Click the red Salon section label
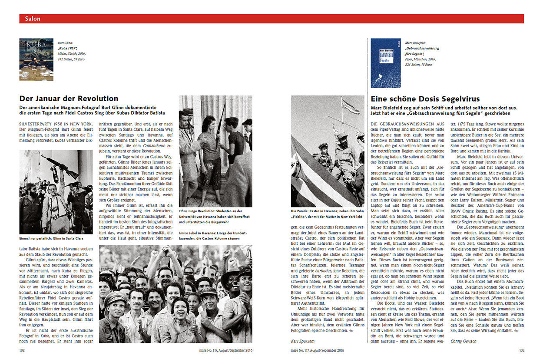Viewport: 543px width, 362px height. tap(33, 19)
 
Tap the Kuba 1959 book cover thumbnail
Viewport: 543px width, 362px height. tap(36, 59)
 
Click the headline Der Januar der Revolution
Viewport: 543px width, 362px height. tap(69, 99)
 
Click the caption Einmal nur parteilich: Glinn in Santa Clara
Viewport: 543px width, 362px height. tap(51, 238)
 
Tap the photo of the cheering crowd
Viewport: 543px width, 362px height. tap(175, 294)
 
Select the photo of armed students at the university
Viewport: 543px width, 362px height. tap(215, 151)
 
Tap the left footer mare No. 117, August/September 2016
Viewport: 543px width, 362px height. tap(223, 350)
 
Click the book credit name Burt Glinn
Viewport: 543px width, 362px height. tap(66, 43)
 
